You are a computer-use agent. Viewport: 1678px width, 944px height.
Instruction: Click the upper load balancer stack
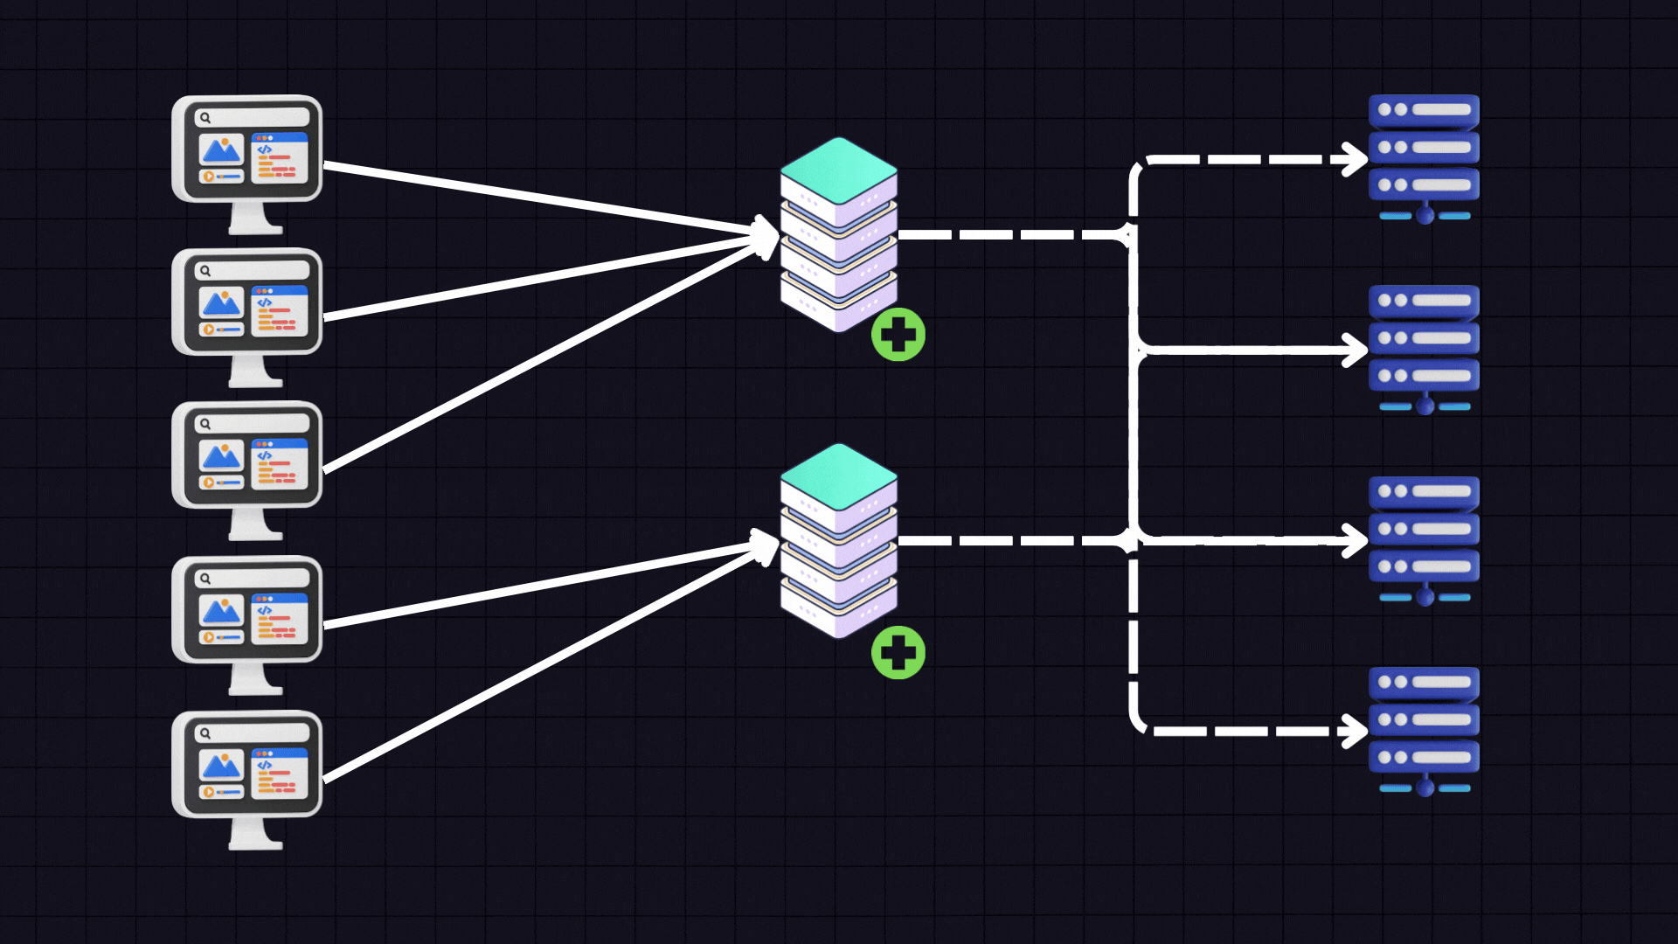(838, 236)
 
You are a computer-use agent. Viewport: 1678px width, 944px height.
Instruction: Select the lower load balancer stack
(838, 542)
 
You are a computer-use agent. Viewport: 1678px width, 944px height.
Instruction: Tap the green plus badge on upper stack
(898, 335)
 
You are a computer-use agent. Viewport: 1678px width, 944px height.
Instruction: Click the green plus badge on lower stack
(898, 653)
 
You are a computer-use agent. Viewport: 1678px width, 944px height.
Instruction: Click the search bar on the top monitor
(252, 117)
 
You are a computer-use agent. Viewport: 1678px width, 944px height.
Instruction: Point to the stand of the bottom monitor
(255, 834)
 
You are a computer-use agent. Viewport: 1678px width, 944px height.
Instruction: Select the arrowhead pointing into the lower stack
(767, 545)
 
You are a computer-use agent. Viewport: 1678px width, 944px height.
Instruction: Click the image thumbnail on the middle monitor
(221, 455)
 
